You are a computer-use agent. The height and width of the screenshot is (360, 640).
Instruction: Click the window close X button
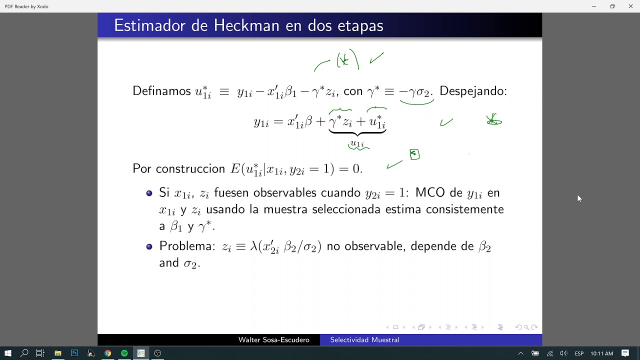point(630,6)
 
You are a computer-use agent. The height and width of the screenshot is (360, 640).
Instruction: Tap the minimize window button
point(593,6)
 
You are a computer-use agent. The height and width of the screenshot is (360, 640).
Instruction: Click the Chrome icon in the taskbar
point(107,353)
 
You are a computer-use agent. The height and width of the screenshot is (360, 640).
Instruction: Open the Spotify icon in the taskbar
point(124,353)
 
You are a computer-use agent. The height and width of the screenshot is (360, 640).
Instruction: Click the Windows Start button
point(8,353)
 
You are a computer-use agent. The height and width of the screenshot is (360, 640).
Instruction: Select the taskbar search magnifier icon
point(24,353)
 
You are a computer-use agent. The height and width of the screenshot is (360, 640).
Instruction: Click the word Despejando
point(473,91)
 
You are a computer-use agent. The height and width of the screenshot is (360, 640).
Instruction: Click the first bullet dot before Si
point(149,193)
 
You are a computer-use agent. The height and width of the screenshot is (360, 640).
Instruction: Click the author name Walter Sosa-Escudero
point(273,340)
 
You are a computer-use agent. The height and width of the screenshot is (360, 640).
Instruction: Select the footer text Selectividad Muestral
point(364,340)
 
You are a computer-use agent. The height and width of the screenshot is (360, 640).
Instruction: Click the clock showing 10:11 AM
point(601,353)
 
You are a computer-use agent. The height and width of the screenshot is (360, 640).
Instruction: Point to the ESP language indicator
point(579,353)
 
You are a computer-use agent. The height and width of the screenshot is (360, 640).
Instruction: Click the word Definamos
point(161,91)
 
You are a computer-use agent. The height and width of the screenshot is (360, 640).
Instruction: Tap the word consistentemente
point(464,209)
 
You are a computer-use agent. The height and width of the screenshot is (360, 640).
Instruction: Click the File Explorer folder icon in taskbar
point(58,353)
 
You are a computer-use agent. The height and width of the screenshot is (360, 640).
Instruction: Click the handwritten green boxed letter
point(414,154)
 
